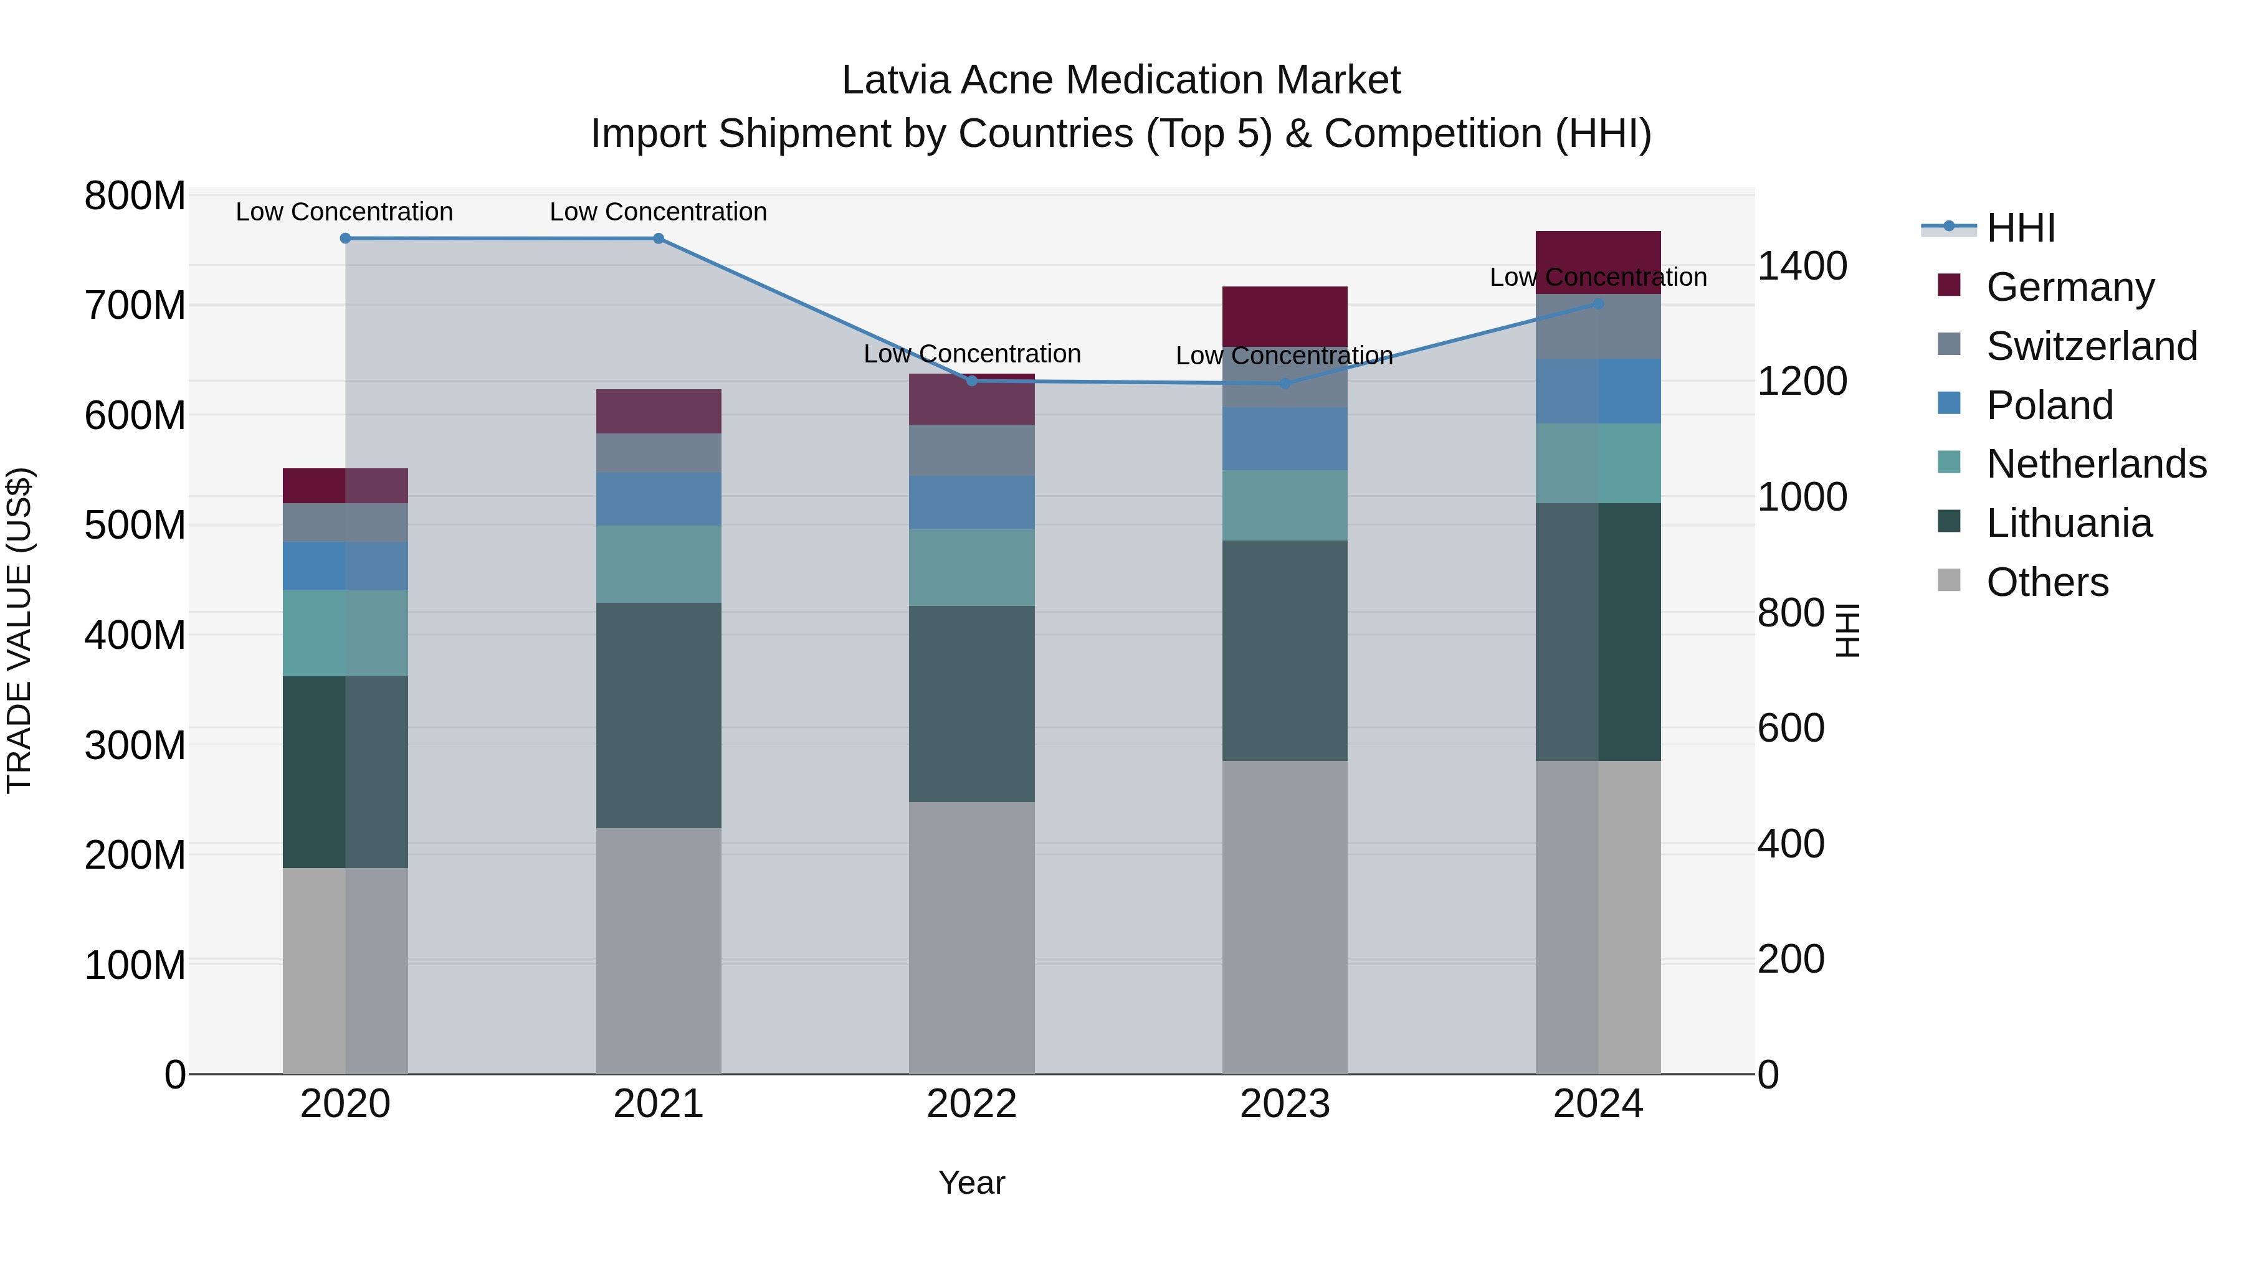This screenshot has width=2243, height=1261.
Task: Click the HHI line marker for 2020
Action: coord(346,239)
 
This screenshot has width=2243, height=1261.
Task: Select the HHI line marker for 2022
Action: coord(972,381)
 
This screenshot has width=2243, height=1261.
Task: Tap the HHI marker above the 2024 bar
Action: coord(1598,304)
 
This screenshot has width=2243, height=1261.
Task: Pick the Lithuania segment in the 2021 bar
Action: coord(659,716)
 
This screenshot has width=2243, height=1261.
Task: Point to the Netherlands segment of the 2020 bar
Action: coord(346,633)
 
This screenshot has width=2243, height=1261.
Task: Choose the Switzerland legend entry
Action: coord(2092,346)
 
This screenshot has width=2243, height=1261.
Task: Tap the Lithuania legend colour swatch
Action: coord(1949,522)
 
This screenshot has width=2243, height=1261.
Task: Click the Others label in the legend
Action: coord(2047,582)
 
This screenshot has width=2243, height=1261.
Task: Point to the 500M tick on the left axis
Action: coord(135,526)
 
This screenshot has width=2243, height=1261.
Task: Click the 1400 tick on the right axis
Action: coord(1801,267)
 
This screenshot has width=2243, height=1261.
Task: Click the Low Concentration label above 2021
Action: coord(659,212)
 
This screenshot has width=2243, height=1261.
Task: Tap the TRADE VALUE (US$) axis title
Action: coord(20,631)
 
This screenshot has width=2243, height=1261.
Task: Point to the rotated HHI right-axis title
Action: coord(1847,631)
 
